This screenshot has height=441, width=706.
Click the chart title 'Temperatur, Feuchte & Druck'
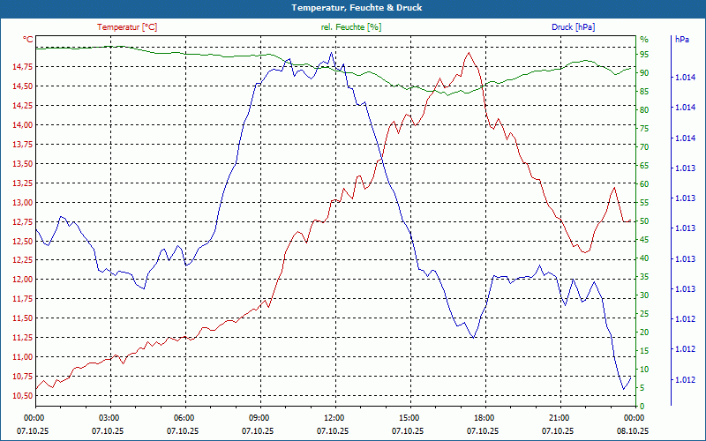point(353,8)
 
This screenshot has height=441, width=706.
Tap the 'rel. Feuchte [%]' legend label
point(351,26)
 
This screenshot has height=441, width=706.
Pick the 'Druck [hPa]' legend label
point(574,26)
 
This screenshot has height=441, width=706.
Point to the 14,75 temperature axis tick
point(18,67)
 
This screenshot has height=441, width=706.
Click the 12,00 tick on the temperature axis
point(18,280)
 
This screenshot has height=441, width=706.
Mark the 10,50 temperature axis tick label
point(18,396)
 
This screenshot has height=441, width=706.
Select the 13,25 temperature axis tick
point(18,183)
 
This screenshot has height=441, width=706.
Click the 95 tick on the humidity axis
point(644,55)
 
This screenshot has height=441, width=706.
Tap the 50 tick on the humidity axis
point(644,221)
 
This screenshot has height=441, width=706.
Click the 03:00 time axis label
point(109,417)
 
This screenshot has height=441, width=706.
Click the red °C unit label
point(28,40)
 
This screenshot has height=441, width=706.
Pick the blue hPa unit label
point(681,40)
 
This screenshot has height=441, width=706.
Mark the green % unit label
point(643,40)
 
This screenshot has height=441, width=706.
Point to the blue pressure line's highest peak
point(331,53)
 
